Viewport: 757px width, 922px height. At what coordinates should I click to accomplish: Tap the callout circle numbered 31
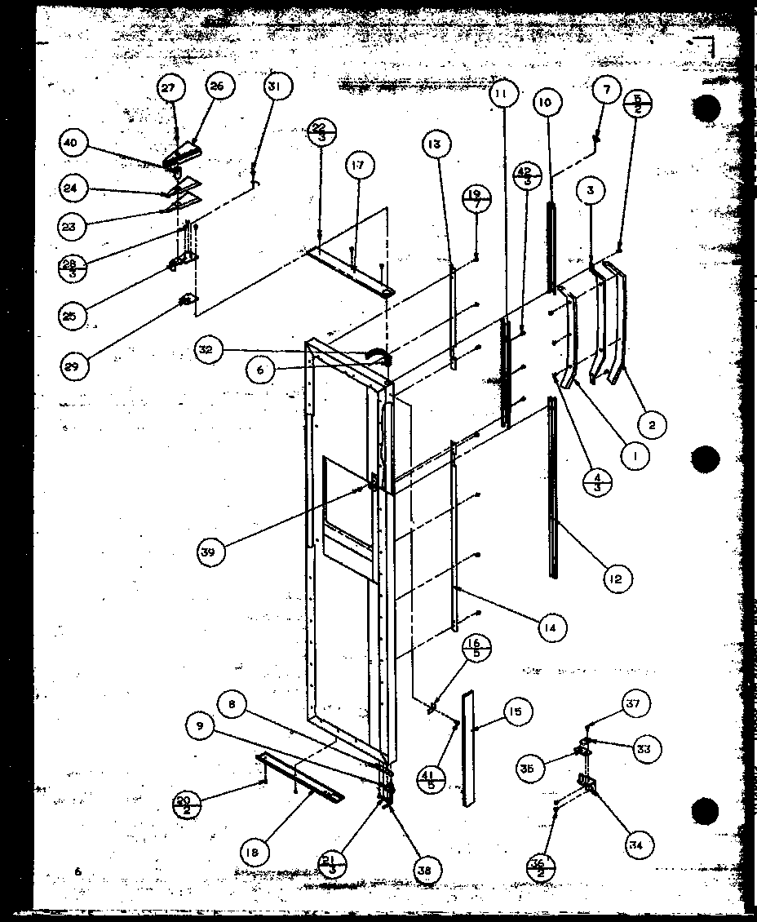pos(277,86)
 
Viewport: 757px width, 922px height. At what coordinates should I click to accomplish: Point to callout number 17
pos(359,166)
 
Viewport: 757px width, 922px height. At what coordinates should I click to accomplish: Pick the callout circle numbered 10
pos(546,102)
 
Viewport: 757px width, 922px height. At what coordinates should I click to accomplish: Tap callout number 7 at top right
pos(605,90)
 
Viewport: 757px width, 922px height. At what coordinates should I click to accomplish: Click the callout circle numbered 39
pos(210,552)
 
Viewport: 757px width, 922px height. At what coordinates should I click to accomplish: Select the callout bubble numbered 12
pos(616,578)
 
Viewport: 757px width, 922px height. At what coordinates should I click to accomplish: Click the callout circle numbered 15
pos(516,711)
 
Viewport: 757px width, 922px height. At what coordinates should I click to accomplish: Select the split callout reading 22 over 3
pos(319,131)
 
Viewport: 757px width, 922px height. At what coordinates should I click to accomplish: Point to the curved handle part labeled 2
pos(618,335)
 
